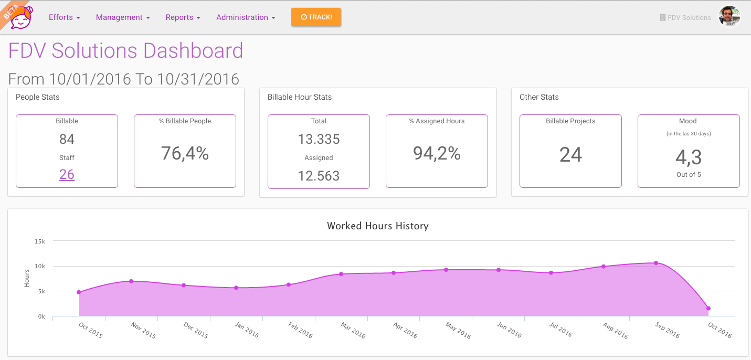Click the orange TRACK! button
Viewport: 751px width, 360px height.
316,17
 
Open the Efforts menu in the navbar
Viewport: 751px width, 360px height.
64,17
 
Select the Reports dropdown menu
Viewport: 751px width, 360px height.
183,17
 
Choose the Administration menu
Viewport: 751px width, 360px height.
246,17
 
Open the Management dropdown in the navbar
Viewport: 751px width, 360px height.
123,17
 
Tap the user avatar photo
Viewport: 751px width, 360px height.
729,17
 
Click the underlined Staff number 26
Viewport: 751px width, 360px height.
67,174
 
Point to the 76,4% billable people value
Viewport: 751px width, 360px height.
185,153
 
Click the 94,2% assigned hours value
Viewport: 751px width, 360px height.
437,153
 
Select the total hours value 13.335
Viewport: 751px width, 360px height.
319,139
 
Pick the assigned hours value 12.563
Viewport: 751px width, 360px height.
319,176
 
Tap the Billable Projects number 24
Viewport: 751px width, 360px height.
570,155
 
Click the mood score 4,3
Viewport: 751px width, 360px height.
689,157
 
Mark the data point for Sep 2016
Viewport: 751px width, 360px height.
656,263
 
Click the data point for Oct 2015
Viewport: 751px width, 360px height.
79,292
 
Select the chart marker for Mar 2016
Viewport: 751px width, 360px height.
341,274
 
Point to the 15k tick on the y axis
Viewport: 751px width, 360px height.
40,241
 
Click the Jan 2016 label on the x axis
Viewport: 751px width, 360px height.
247,330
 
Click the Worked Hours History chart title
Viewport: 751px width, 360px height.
378,226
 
